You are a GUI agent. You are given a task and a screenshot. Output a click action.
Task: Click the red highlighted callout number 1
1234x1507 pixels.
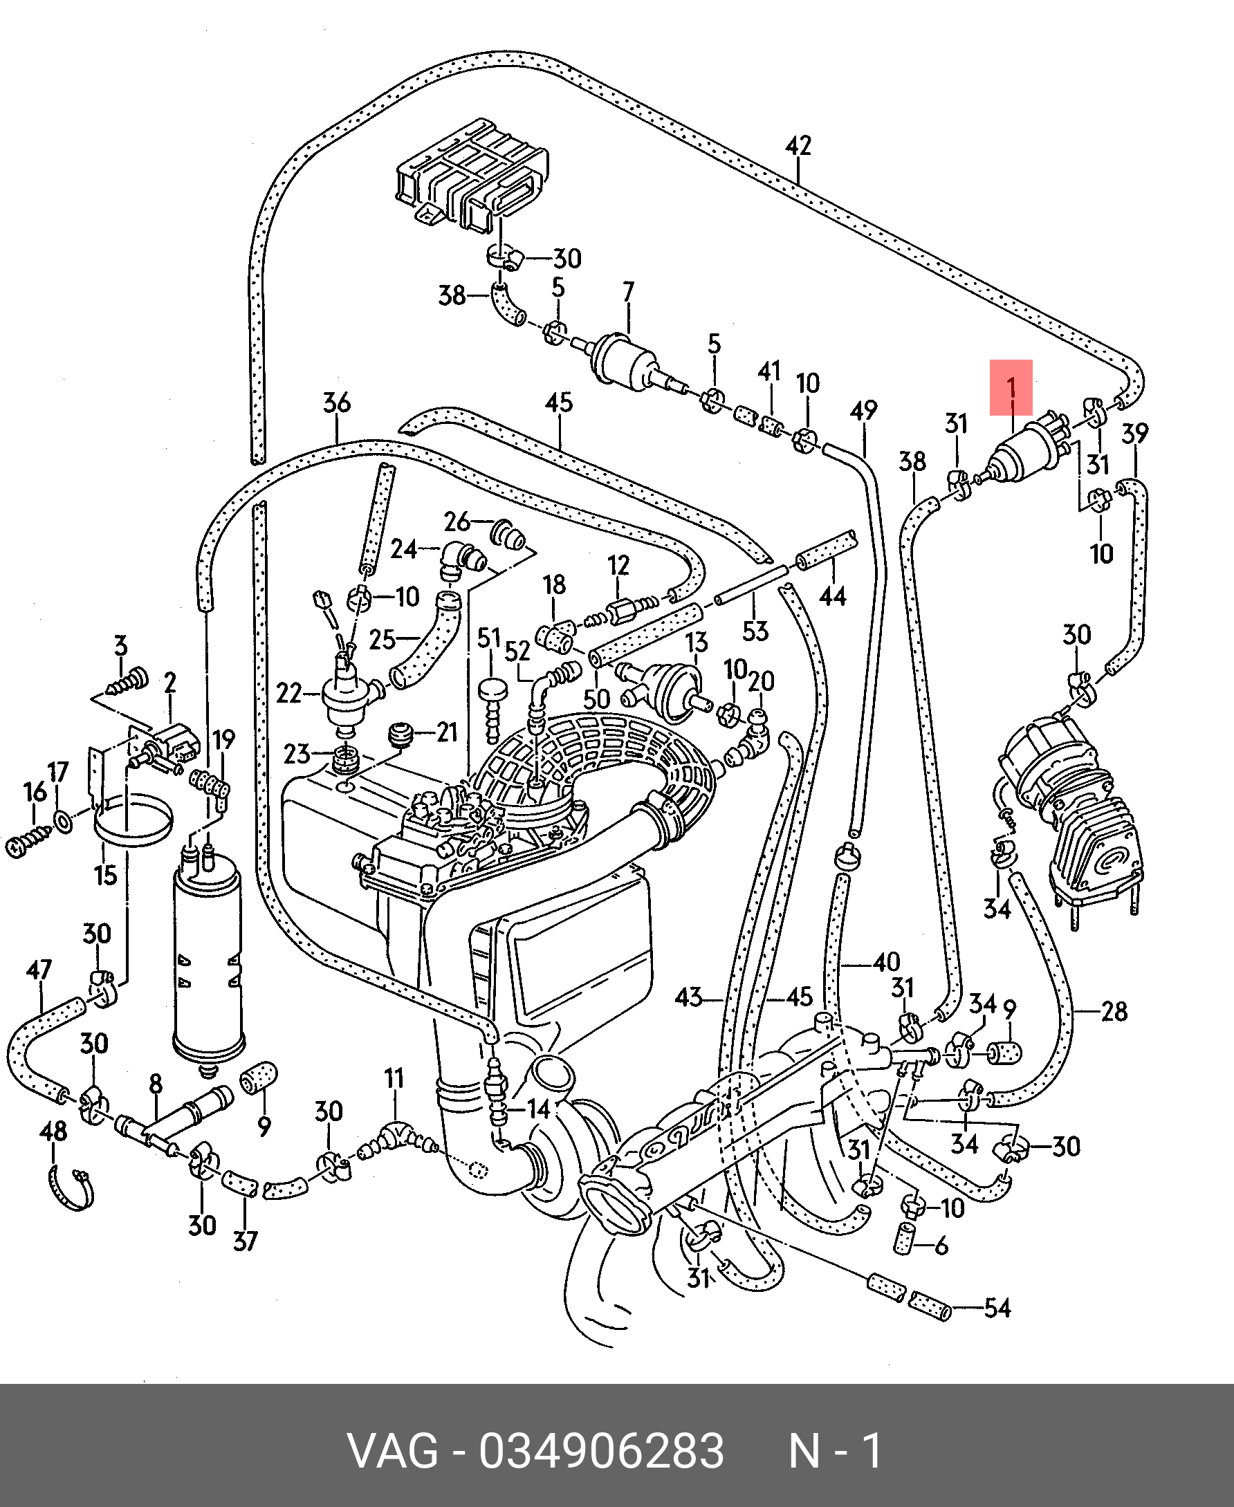(1011, 388)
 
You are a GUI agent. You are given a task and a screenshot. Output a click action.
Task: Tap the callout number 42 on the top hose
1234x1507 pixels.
(798, 146)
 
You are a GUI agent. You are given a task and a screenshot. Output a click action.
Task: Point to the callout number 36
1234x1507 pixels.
(336, 403)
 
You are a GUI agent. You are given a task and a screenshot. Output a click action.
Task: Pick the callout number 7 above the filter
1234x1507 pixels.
(628, 291)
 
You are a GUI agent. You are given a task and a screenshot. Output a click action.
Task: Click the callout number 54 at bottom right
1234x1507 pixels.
(997, 1307)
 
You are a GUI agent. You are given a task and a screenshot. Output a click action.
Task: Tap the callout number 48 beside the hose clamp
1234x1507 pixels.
(53, 1130)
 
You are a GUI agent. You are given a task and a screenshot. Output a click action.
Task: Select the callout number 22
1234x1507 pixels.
(289, 692)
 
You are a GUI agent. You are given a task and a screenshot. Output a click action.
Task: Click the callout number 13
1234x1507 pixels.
(697, 642)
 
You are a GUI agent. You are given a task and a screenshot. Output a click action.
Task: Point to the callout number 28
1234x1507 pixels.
(1114, 1011)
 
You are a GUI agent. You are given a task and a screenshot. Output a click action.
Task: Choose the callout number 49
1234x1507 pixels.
(864, 410)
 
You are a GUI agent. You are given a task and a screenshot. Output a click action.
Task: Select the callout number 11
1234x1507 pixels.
(394, 1078)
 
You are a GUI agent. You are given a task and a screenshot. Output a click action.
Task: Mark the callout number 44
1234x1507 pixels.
(833, 595)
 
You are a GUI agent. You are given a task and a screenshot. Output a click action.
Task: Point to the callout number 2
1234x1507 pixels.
(169, 683)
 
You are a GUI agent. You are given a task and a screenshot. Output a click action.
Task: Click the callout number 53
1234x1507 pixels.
(755, 631)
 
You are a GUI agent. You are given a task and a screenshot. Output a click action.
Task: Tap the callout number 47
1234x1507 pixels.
(39, 970)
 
